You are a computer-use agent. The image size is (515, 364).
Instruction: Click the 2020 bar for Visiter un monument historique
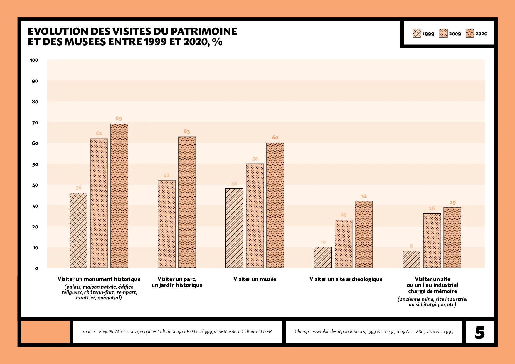pyautogui.click(x=119, y=196)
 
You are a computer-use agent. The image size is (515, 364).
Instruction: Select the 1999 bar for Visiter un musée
pyautogui.click(x=234, y=228)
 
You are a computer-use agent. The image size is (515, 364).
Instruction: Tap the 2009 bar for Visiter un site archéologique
pyautogui.click(x=344, y=244)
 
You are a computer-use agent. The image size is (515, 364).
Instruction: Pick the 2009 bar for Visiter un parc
pyautogui.click(x=167, y=224)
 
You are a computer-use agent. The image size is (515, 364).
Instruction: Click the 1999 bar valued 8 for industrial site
pyautogui.click(x=411, y=259)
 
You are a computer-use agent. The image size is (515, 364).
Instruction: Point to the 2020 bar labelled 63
pyautogui.click(x=187, y=202)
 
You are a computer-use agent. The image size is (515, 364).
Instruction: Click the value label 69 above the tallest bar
pyautogui.click(x=119, y=118)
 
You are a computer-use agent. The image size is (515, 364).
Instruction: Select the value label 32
pyautogui.click(x=364, y=196)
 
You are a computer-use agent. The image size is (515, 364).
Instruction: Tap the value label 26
pyautogui.click(x=432, y=208)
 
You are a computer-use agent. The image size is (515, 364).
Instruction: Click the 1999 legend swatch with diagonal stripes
pyautogui.click(x=417, y=33)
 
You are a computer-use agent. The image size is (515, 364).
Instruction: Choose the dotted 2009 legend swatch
pyautogui.click(x=443, y=33)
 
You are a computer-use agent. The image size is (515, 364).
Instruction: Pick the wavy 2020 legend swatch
pyautogui.click(x=470, y=33)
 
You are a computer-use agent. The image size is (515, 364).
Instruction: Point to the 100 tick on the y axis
pyautogui.click(x=34, y=60)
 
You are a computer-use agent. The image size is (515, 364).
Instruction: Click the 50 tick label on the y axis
pyautogui.click(x=35, y=164)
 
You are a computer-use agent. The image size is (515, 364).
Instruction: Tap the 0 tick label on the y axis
pyautogui.click(x=36, y=269)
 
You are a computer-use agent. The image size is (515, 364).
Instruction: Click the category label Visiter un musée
pyautogui.click(x=255, y=279)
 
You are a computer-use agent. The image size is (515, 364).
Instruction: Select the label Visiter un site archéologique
pyautogui.click(x=346, y=279)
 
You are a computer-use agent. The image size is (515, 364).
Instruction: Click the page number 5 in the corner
pyautogui.click(x=480, y=333)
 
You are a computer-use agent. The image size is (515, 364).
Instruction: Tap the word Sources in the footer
pyautogui.click(x=89, y=331)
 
